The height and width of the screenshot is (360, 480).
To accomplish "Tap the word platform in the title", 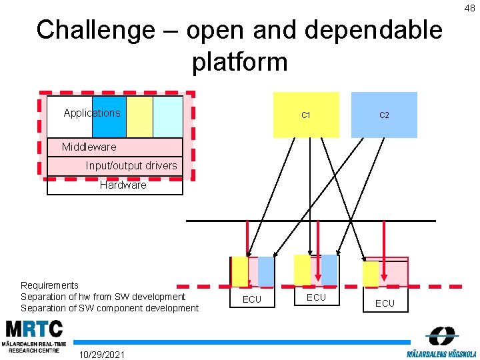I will point(239,62).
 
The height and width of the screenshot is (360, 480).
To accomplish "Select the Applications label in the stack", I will point(92,113).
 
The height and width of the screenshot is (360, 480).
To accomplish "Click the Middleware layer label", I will point(89,147).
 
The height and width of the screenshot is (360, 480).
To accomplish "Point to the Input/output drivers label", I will point(131,165).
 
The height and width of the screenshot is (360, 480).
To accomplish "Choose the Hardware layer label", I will point(123,185).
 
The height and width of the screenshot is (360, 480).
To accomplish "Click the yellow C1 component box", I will point(306,115).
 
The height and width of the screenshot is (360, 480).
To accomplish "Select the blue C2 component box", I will point(384,115).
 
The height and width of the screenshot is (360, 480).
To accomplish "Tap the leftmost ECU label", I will point(252,299).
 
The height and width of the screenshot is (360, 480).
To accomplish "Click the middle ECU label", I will point(316,297).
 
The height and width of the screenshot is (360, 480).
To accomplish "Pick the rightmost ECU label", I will point(385,303).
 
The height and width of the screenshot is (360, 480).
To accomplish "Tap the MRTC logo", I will point(35,337).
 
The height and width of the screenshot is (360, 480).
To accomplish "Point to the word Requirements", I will point(49,285).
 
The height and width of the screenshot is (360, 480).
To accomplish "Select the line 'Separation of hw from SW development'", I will point(103,297).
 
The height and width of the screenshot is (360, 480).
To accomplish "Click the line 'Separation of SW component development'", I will point(110,308).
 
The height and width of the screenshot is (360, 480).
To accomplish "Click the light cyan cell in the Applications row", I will point(167,117).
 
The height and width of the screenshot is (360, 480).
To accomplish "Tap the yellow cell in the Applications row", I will point(139,117).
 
